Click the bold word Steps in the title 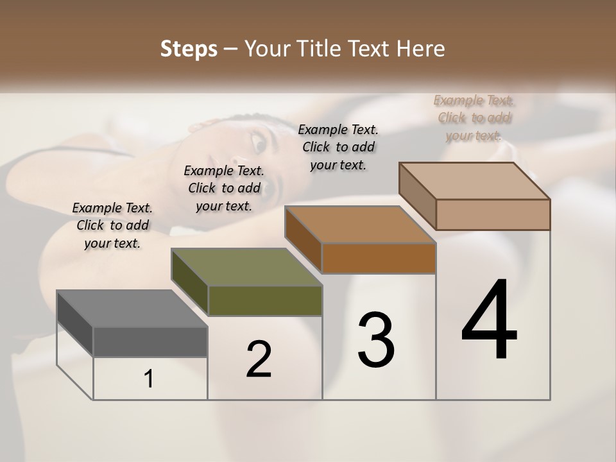pos(189,49)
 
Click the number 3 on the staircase pos(376,340)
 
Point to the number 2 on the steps pos(259,359)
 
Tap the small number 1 pos(149,379)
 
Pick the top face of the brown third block pos(360,225)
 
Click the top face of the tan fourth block pos(474,181)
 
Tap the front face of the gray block pos(150,341)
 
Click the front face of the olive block pos(264,300)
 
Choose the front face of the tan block pos(493,214)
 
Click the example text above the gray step pos(112,225)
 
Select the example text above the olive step pos(224,188)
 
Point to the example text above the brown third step pos(338,147)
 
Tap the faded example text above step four pos(474,117)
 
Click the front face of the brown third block pos(379,258)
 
